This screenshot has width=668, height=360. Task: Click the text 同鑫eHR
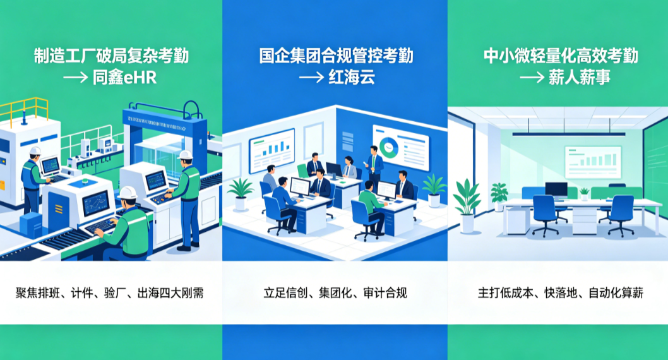[124, 78]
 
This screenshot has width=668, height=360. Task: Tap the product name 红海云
[352, 77]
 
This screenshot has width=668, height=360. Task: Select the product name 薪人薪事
[580, 77]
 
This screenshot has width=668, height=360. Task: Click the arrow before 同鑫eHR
[75, 78]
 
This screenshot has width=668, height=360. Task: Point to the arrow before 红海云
[311, 78]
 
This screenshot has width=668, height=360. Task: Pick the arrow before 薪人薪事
[532, 78]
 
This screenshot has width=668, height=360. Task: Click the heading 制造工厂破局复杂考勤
[111, 56]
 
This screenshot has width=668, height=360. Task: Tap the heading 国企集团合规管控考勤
[336, 56]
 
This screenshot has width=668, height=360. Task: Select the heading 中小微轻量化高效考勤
[561, 56]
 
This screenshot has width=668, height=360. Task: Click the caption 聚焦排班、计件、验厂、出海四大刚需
[109, 293]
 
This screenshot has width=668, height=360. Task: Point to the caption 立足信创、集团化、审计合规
[335, 293]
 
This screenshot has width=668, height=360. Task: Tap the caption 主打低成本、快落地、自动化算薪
[560, 293]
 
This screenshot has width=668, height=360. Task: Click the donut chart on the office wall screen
[388, 147]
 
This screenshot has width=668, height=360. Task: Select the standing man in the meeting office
[374, 165]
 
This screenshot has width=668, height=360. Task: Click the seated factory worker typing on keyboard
[124, 224]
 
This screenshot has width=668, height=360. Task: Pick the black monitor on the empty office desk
[556, 189]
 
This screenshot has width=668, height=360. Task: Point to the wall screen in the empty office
[593, 162]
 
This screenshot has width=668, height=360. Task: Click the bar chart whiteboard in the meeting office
[271, 150]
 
